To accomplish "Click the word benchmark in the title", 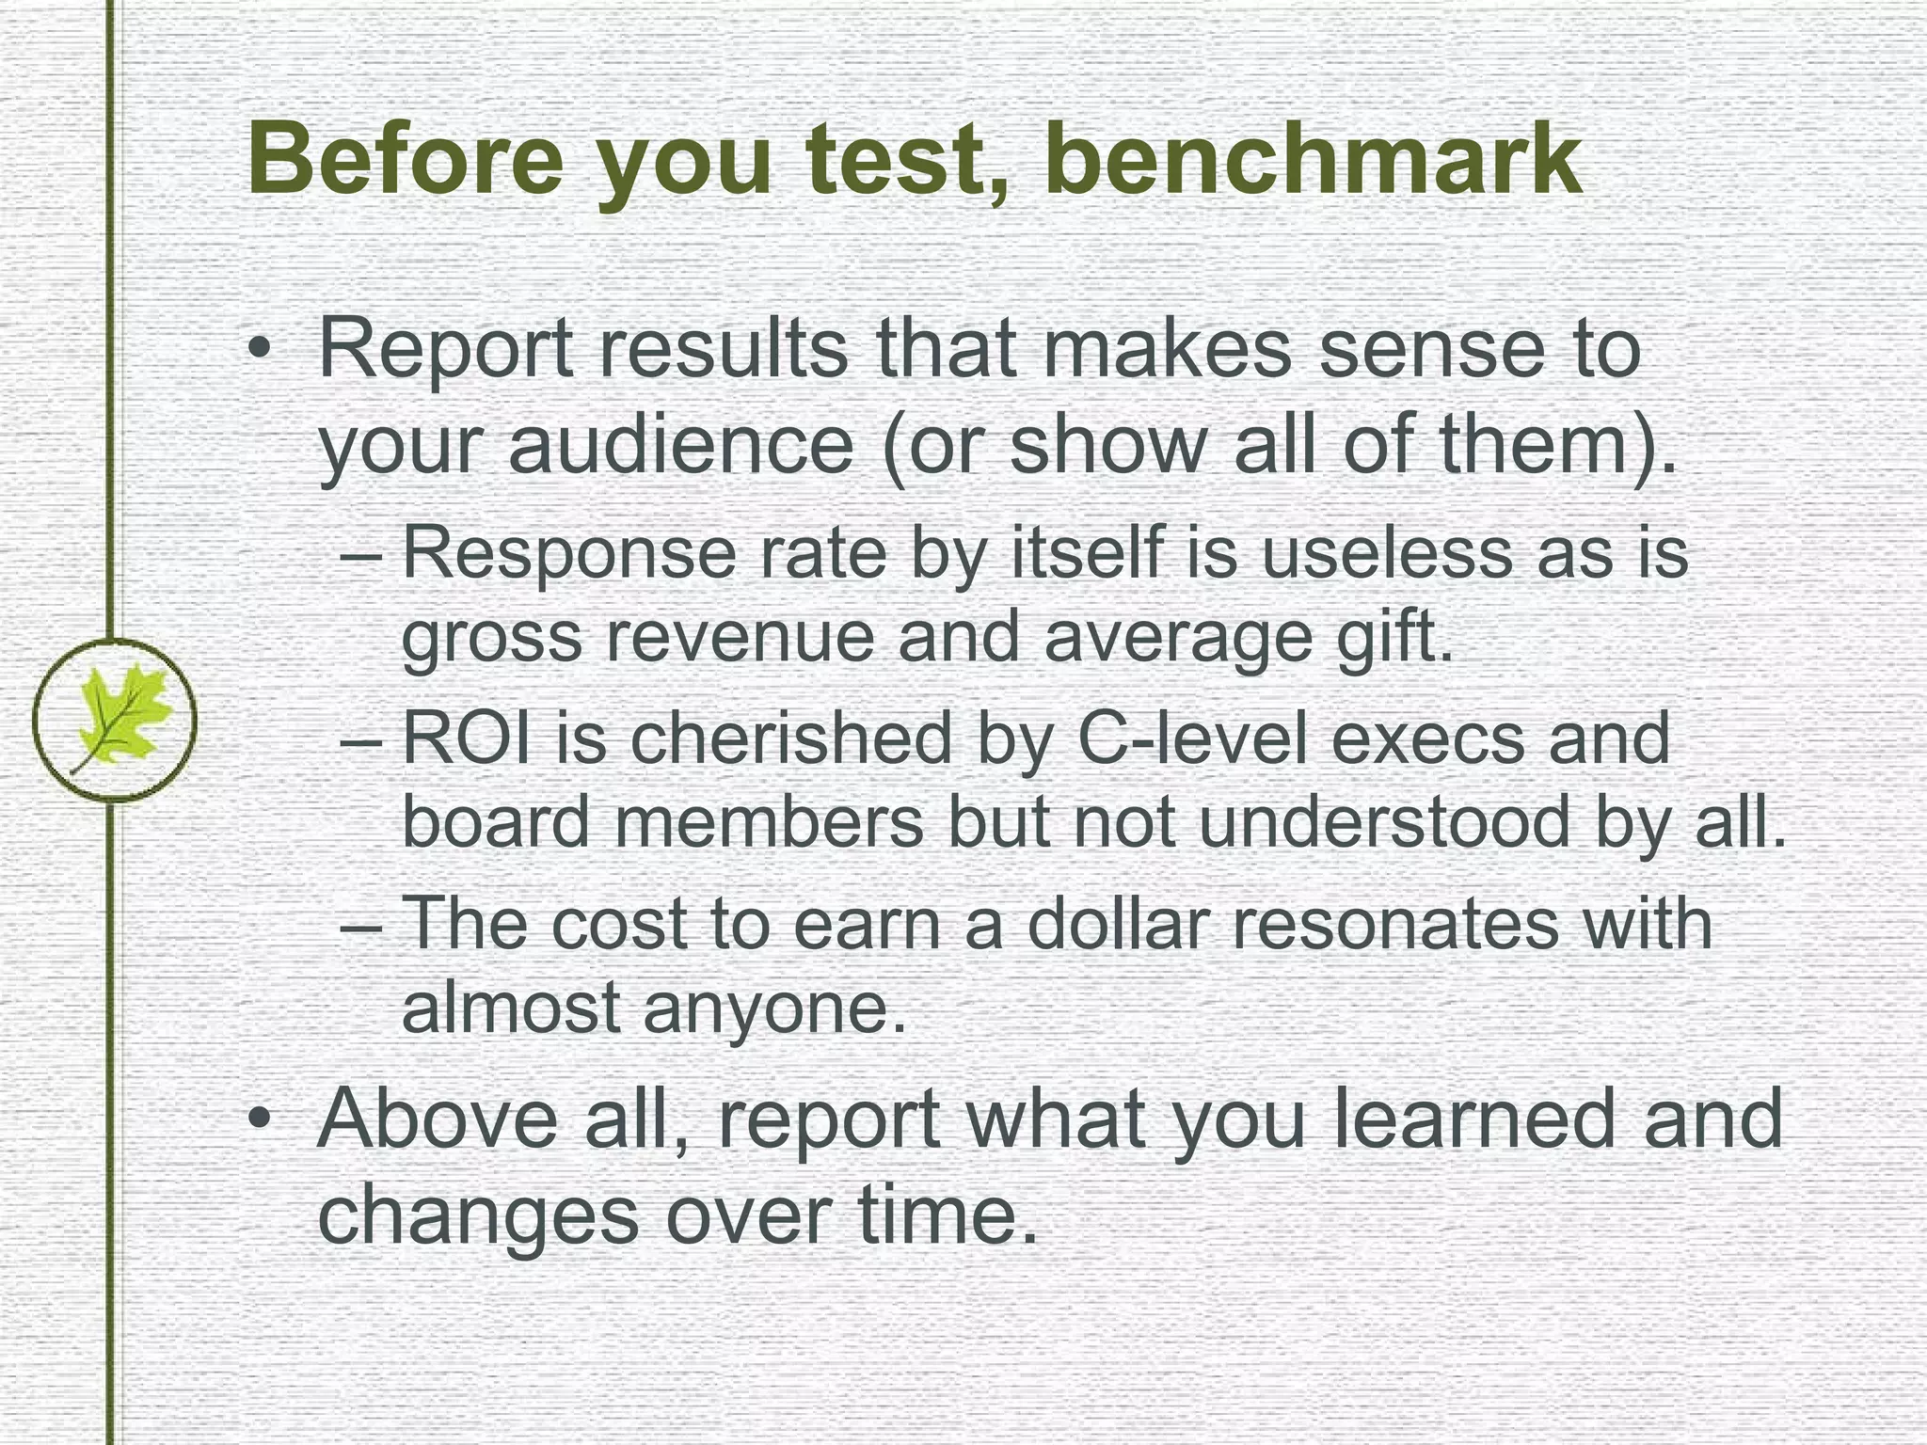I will coord(1313,158).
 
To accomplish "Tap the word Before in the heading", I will coord(405,158).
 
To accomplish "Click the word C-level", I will coord(1191,738).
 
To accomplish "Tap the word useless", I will coord(1387,554).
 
